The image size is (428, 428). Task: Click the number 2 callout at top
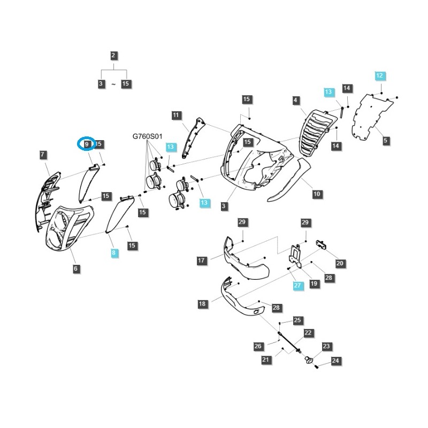click(x=113, y=55)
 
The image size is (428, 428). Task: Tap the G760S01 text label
click(x=147, y=137)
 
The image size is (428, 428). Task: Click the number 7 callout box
click(x=43, y=155)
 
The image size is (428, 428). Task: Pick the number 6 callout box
click(x=76, y=269)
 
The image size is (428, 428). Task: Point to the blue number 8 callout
click(x=114, y=253)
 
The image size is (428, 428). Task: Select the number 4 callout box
click(x=296, y=100)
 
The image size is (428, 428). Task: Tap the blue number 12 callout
click(x=379, y=75)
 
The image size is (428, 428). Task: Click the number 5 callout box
click(x=386, y=141)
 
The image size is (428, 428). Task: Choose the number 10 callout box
click(x=317, y=194)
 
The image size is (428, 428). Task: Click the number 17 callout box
click(x=202, y=261)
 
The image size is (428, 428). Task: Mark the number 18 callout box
click(x=202, y=304)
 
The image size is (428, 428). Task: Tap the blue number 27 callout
click(x=297, y=286)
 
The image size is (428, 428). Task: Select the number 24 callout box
click(x=335, y=361)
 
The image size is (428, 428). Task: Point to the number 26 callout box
click(x=258, y=346)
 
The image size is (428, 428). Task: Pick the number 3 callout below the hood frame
click(x=224, y=206)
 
